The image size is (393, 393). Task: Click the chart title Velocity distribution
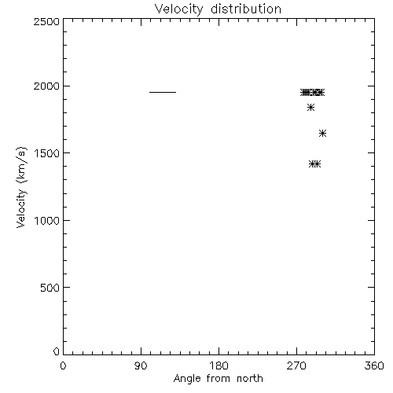(x=218, y=9)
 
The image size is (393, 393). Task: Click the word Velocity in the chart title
(x=179, y=9)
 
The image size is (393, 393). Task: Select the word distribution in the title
(x=246, y=9)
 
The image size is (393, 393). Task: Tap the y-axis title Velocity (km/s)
(x=21, y=187)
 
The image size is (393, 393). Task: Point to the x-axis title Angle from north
(x=219, y=379)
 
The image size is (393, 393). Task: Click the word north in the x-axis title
(x=250, y=378)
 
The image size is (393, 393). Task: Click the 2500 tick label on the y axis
(x=46, y=22)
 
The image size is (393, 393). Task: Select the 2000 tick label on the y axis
(x=46, y=86)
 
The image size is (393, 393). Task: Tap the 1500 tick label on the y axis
(x=47, y=153)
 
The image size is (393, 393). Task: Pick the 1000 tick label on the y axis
(x=47, y=221)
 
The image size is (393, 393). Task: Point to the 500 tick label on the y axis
(x=50, y=288)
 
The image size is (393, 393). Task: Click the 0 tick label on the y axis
(x=57, y=351)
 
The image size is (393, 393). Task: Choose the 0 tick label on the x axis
(x=63, y=365)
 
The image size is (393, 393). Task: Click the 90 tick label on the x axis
(x=141, y=365)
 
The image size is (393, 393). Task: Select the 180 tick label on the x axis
(x=219, y=365)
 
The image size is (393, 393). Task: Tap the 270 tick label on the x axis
(x=296, y=365)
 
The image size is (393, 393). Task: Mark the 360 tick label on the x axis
(x=374, y=365)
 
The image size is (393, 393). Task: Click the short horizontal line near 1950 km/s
(x=163, y=92)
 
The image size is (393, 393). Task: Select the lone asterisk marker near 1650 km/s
(x=322, y=134)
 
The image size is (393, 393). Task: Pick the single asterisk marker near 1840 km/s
(x=310, y=108)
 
